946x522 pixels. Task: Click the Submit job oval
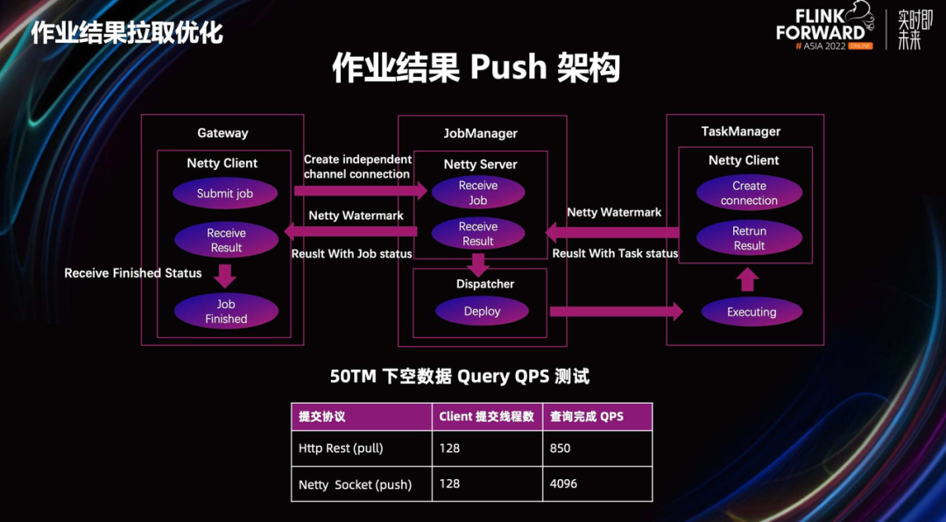(x=225, y=193)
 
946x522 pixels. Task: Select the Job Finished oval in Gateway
(x=226, y=312)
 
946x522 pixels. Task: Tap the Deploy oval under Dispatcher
(x=482, y=312)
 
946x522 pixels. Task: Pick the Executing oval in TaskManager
(x=752, y=312)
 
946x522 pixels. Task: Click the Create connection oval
(x=749, y=193)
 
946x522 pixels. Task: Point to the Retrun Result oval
(x=749, y=237)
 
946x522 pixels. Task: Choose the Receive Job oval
(x=478, y=193)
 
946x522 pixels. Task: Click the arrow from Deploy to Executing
(x=616, y=312)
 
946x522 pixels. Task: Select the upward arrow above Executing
(x=747, y=280)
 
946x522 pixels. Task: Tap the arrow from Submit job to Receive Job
(x=361, y=191)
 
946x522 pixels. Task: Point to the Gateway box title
(x=222, y=133)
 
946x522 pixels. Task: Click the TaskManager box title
(x=741, y=131)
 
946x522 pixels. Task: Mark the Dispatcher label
(x=485, y=284)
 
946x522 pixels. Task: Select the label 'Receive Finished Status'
(x=133, y=273)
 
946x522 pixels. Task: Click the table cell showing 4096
(x=597, y=484)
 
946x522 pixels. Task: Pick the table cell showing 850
(x=597, y=448)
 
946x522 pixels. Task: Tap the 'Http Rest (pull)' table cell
(x=362, y=448)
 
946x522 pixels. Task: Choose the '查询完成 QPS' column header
(x=597, y=417)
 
